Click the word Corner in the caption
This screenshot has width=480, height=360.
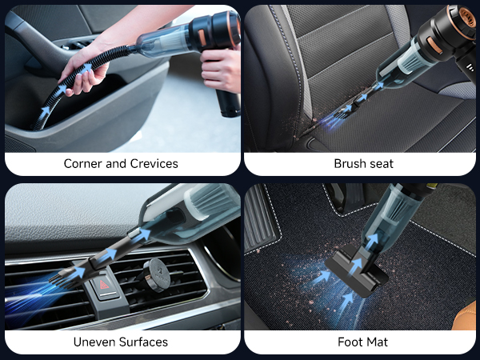click(82, 164)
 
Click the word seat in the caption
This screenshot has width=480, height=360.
click(381, 164)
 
